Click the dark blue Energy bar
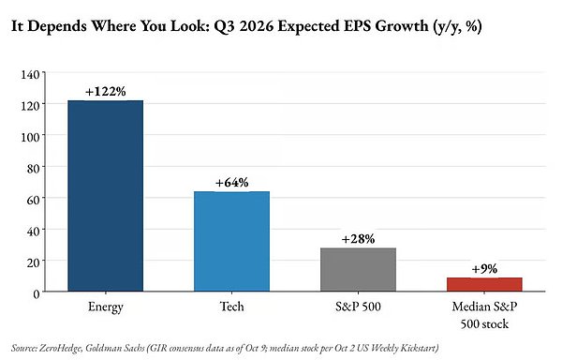tap(105, 196)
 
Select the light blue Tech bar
tap(231, 241)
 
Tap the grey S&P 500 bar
tap(358, 270)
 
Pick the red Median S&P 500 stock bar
tap(484, 284)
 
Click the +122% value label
tap(105, 92)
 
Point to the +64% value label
tap(231, 183)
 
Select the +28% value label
tap(358, 239)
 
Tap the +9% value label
tap(484, 269)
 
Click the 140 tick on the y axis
tap(30, 75)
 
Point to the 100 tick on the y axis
tap(30, 137)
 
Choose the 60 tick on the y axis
tap(33, 200)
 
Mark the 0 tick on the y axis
tap(37, 294)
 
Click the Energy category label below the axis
tap(105, 307)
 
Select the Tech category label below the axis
tap(231, 307)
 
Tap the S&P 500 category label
tap(358, 307)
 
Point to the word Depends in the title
tap(57, 27)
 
